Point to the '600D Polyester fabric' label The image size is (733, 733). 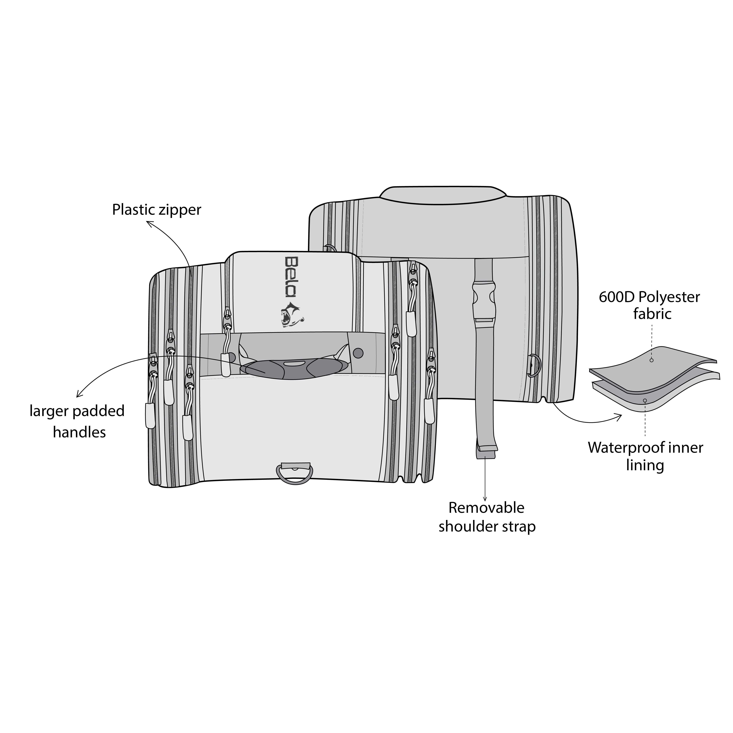pos(649,305)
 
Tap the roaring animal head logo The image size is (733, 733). pos(291,314)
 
